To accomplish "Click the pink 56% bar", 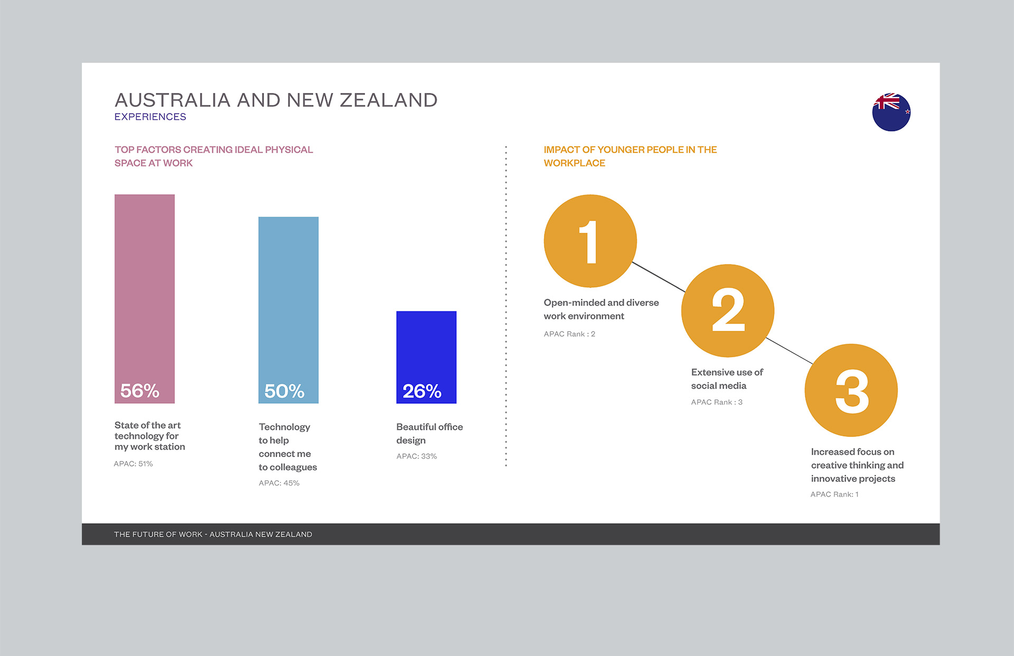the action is tap(145, 299).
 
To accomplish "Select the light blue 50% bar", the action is tap(288, 310).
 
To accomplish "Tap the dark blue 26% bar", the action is tap(426, 357).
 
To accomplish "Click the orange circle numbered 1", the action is tap(590, 241).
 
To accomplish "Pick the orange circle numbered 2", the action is tap(728, 311).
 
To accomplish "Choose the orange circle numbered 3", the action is tap(851, 391).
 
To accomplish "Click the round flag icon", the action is tap(891, 112).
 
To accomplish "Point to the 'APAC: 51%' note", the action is tap(133, 464).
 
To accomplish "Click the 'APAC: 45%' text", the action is tap(279, 483).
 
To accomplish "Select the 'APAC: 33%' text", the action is tap(417, 456).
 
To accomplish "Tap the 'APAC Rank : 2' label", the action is tap(569, 334).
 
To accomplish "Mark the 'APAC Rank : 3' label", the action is tap(717, 402).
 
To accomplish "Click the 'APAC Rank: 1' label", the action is tap(834, 495).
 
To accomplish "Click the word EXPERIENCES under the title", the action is tap(151, 117).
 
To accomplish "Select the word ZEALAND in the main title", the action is tap(389, 100).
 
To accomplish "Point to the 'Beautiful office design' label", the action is tap(429, 433).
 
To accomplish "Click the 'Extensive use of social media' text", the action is tap(727, 379).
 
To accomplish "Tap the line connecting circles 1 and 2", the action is tap(659, 277).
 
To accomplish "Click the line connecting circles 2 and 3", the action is tap(790, 351).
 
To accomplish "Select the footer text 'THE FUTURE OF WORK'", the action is tap(158, 535).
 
